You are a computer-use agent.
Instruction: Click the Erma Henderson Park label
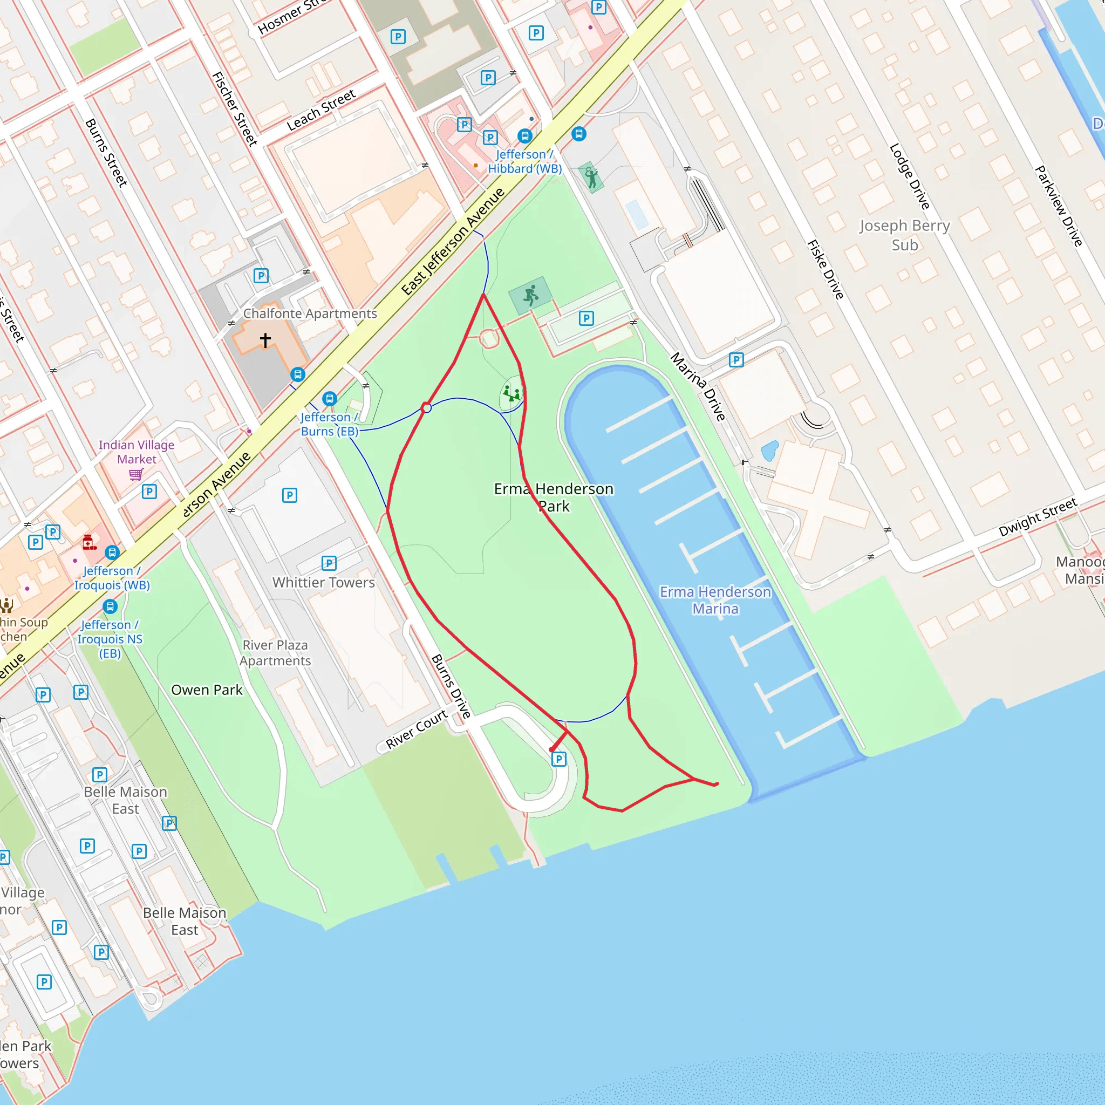tap(553, 497)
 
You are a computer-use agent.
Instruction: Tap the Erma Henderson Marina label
tap(715, 600)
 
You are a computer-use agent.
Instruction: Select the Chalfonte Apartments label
tap(310, 313)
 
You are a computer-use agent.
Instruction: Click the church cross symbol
tap(265, 340)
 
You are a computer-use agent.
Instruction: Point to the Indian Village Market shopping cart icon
tap(136, 474)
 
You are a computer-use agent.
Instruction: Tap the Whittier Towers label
tap(323, 582)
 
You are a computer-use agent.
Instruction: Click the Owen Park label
tap(207, 690)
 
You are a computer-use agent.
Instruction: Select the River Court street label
tap(417, 729)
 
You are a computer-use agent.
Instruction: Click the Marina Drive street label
tap(698, 387)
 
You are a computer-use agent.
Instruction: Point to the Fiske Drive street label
tap(826, 269)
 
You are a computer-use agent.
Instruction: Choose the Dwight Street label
tap(1038, 516)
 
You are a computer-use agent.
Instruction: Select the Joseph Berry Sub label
tap(904, 235)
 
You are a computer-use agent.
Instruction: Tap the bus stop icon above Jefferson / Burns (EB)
tap(330, 399)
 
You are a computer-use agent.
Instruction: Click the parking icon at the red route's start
tap(559, 759)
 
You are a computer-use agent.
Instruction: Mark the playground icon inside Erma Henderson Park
tap(512, 393)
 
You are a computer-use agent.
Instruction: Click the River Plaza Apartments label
tap(275, 653)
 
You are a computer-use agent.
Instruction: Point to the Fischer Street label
tap(235, 108)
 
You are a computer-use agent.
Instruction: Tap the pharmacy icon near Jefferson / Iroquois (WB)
tap(89, 542)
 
